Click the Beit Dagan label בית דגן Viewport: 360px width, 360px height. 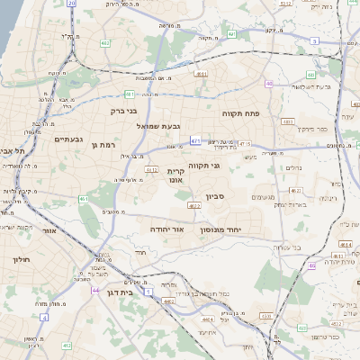tap(120, 292)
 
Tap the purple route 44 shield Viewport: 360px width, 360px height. tap(96, 291)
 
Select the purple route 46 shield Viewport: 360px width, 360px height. tap(312, 265)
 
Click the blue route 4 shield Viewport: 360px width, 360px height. tap(44, 318)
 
